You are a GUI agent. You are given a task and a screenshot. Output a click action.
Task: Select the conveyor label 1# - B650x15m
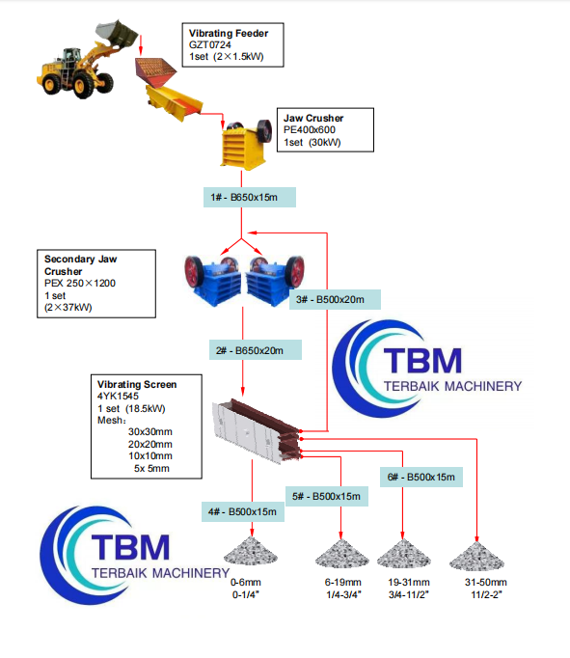point(246,198)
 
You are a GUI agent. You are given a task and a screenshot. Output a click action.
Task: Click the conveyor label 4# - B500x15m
point(241,511)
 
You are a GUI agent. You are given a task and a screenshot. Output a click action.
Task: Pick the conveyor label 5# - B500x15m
point(327,496)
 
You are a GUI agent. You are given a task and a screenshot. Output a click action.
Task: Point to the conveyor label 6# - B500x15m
point(421,477)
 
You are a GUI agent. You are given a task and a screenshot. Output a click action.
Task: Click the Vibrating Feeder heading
point(229,34)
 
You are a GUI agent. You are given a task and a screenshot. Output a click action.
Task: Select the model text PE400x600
point(310,130)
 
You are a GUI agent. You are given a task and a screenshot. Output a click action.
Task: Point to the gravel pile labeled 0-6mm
point(252,557)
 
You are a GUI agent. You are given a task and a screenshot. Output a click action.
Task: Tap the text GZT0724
point(210,45)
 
